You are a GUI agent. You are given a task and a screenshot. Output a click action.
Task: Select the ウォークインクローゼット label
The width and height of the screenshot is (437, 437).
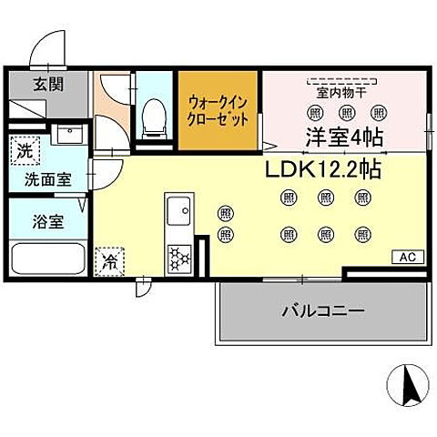tap(219, 111)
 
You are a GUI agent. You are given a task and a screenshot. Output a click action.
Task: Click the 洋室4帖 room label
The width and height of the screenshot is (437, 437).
tap(345, 136)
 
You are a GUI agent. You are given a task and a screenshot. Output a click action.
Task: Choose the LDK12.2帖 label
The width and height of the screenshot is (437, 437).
tap(323, 168)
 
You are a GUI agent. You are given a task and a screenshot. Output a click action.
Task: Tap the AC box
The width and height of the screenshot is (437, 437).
tap(406, 258)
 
